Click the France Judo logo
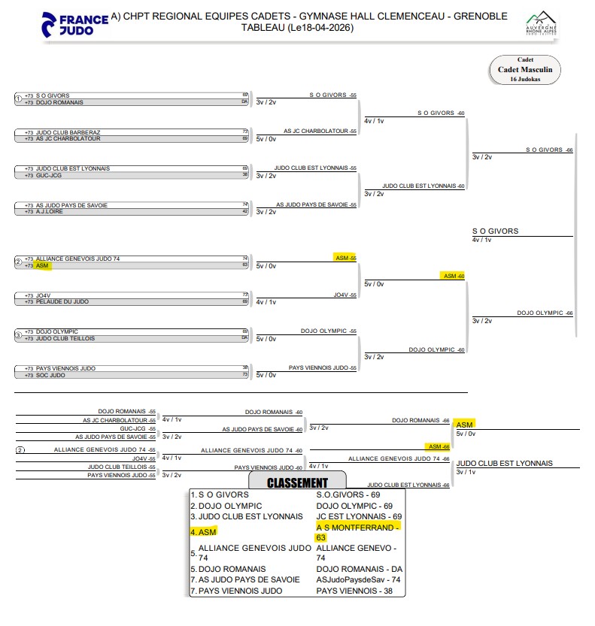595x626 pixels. tap(75, 23)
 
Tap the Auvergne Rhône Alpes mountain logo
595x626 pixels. tap(540, 23)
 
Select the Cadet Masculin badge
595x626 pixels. tap(525, 69)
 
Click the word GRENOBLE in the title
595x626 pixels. tap(480, 16)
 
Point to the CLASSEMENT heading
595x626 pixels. tap(297, 483)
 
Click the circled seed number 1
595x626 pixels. tap(18, 98)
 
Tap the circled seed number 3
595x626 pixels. tap(18, 335)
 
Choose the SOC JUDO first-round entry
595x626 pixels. tap(52, 374)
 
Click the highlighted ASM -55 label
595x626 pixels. tap(345, 258)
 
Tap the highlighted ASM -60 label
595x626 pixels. tap(454, 276)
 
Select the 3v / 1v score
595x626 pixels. tap(466, 472)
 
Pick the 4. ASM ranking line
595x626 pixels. tap(203, 531)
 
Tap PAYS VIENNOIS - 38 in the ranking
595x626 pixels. tap(353, 591)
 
